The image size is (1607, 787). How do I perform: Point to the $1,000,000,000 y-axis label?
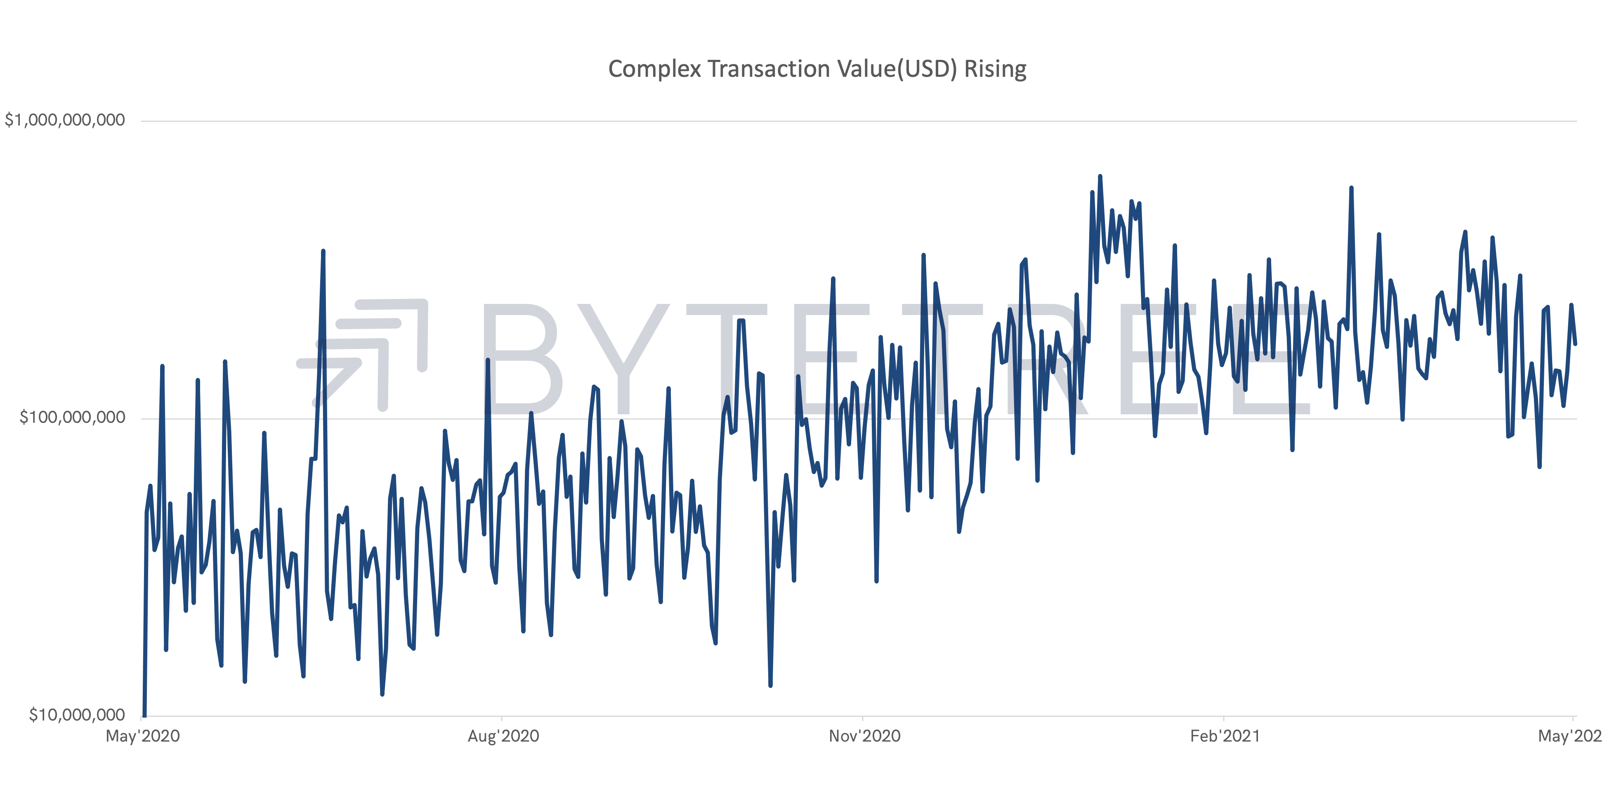(65, 120)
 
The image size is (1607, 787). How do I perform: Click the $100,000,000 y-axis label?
(72, 417)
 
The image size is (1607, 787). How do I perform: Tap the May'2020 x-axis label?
(143, 736)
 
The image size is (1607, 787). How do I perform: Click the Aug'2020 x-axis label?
(503, 736)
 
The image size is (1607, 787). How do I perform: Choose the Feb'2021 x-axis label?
(1225, 736)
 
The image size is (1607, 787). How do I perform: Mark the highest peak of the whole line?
(1100, 177)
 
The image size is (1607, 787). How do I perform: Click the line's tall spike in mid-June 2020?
(323, 251)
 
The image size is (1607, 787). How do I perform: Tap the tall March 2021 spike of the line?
(1351, 188)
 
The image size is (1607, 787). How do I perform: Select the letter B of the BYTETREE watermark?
(521, 359)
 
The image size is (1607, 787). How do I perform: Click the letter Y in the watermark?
(624, 359)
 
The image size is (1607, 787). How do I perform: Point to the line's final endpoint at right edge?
(1575, 343)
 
